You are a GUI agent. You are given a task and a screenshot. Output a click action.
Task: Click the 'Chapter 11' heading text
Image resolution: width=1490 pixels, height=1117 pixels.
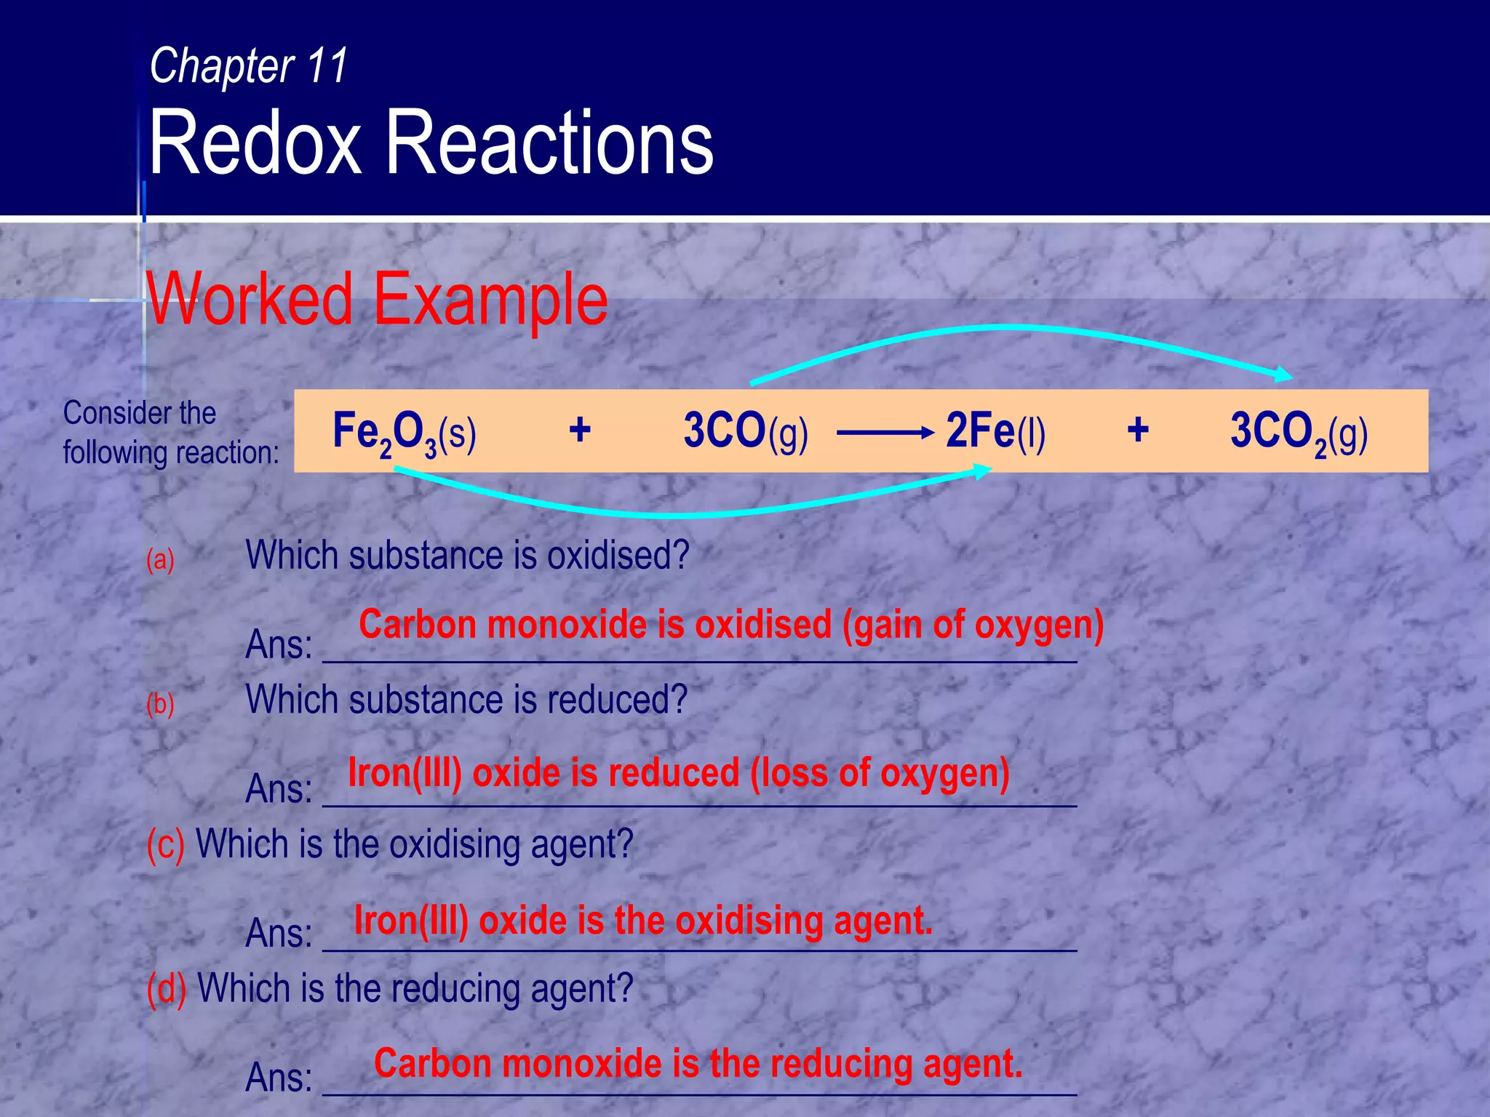(x=249, y=66)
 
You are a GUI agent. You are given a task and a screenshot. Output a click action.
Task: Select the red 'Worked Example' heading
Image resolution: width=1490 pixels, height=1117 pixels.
(x=377, y=299)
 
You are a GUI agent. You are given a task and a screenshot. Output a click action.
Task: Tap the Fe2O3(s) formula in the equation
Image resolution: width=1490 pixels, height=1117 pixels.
(x=404, y=432)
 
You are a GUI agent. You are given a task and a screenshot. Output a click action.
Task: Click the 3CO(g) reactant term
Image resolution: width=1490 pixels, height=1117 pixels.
(x=745, y=431)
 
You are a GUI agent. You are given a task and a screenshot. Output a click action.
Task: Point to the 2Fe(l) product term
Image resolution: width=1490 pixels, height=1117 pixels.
(x=995, y=431)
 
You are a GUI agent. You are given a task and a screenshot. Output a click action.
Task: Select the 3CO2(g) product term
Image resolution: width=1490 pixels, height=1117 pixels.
(x=1299, y=432)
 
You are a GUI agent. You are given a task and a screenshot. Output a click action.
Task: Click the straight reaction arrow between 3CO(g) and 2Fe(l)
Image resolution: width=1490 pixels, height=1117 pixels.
(x=885, y=433)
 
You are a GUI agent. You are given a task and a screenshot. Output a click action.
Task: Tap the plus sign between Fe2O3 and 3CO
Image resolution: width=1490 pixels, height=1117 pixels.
(x=579, y=430)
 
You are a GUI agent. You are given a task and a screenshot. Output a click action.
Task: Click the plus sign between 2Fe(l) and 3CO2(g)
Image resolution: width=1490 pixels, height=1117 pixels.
(x=1138, y=430)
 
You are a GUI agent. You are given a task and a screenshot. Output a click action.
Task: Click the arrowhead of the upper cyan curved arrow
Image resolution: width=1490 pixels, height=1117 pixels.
(x=1283, y=375)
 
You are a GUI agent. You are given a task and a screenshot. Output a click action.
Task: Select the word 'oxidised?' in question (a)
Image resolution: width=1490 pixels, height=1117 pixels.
(x=618, y=556)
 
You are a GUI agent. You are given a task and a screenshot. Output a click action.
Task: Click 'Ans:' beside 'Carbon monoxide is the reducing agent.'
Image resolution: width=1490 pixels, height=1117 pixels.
(x=279, y=1077)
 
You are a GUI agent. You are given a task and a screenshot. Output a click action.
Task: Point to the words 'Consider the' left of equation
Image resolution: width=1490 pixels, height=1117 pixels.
(x=140, y=413)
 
